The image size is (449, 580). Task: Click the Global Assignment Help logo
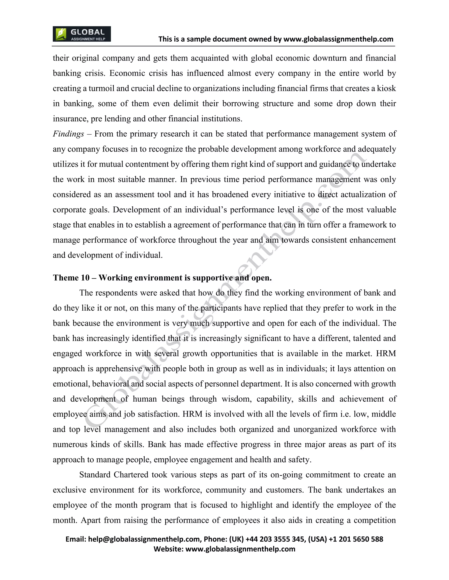tap(82, 34)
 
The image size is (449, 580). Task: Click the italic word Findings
tap(68, 134)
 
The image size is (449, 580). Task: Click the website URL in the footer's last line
tap(240, 549)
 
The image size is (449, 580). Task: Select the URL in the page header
tap(338, 39)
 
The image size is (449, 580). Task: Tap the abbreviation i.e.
tap(345, 414)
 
